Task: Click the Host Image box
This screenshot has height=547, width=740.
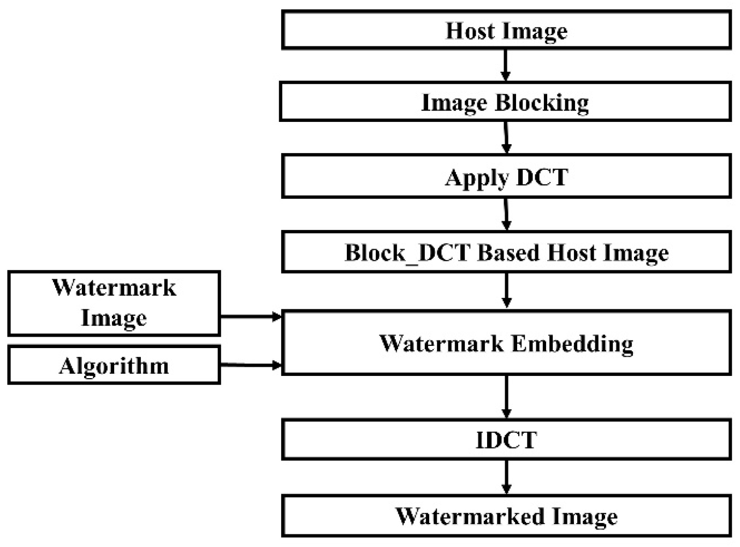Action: (506, 31)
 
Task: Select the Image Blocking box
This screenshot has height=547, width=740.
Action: (505, 102)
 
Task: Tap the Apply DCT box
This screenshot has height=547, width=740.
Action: (506, 177)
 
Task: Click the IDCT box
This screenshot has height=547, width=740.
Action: (506, 440)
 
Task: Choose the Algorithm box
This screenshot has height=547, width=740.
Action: (114, 366)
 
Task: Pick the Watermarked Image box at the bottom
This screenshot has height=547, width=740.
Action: (506, 516)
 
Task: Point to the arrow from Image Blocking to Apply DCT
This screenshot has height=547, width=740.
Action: (506, 138)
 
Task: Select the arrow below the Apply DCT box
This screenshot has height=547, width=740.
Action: (506, 214)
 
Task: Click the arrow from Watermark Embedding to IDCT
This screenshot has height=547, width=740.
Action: (506, 397)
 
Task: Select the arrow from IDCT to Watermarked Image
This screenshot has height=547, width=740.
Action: (506, 477)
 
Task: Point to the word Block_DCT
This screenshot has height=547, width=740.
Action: (407, 253)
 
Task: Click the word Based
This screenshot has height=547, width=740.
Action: (510, 253)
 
